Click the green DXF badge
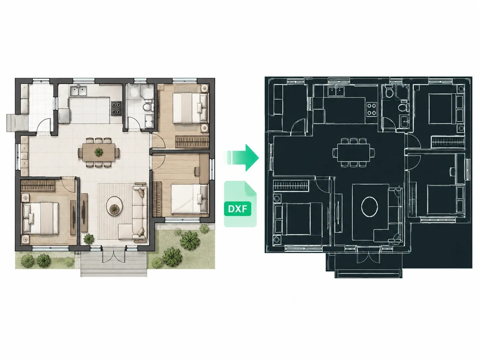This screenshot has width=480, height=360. tap(237, 209)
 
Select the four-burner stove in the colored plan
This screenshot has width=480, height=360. tap(117, 108)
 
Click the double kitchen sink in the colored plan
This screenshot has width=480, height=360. tap(78, 91)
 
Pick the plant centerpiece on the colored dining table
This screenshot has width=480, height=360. tap(99, 152)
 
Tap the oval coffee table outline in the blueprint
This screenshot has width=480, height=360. tap(369, 207)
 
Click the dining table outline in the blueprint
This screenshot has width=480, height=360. tap(354, 152)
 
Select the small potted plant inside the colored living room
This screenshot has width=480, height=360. tap(89, 239)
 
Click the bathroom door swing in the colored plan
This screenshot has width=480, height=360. tap(134, 124)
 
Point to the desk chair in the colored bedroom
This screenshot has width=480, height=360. tap(196, 171)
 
